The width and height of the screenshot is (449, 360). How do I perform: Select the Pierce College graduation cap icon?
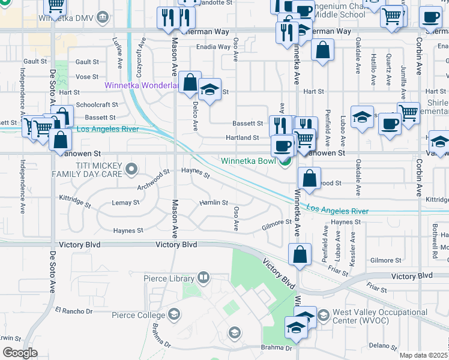(x=174, y=314)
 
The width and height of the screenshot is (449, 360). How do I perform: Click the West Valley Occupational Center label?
(x=380, y=317)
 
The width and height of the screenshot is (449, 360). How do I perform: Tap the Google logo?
(x=20, y=352)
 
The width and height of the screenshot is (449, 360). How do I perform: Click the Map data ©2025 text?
(x=423, y=355)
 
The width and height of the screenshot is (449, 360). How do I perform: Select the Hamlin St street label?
(x=214, y=203)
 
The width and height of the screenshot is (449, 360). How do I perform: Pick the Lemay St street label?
(x=125, y=203)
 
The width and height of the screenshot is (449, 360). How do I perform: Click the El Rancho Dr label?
(x=74, y=311)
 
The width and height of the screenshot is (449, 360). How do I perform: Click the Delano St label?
(x=379, y=345)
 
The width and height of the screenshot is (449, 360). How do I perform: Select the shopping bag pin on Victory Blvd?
(x=300, y=254)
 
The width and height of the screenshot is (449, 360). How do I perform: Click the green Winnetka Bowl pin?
(x=286, y=161)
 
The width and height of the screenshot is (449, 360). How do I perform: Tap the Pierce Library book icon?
(x=203, y=278)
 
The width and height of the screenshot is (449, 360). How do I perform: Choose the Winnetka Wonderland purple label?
(x=142, y=85)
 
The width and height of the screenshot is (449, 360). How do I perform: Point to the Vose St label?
(x=87, y=77)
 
